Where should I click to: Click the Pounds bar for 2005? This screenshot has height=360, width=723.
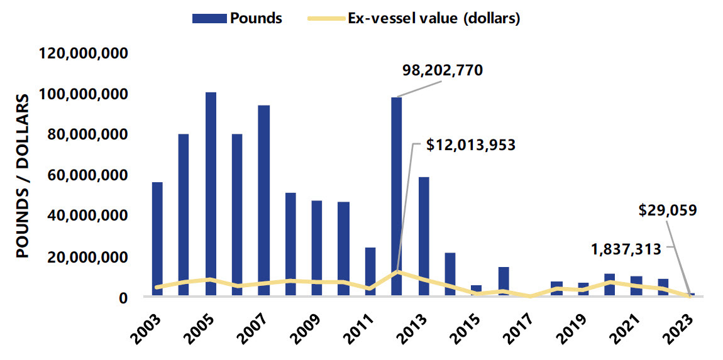click(x=211, y=195)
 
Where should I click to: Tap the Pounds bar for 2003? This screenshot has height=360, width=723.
click(x=157, y=239)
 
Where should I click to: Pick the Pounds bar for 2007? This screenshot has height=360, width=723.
click(x=264, y=201)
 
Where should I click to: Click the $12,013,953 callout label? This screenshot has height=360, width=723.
click(x=471, y=145)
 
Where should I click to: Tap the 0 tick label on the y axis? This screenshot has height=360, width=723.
click(x=123, y=297)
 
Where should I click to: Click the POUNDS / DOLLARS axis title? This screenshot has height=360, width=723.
click(x=23, y=177)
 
